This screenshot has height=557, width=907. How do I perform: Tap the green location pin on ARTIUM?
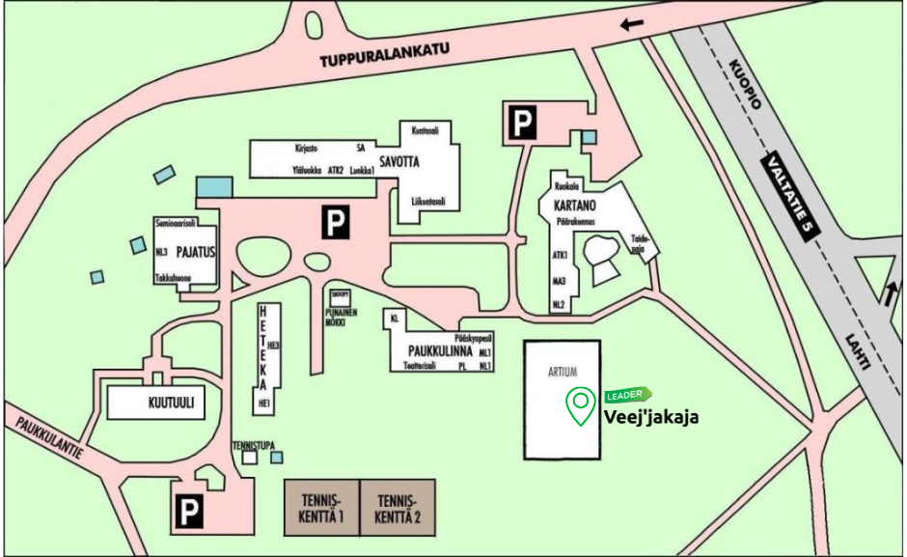click(580, 405)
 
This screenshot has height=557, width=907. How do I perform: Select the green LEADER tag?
click(628, 394)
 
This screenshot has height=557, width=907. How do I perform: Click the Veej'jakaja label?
click(651, 417)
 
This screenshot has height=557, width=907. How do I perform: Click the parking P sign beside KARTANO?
click(522, 123)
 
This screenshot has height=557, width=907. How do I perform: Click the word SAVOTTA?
click(399, 161)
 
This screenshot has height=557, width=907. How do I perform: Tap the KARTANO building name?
click(575, 206)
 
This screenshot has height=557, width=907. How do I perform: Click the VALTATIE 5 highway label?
click(787, 194)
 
